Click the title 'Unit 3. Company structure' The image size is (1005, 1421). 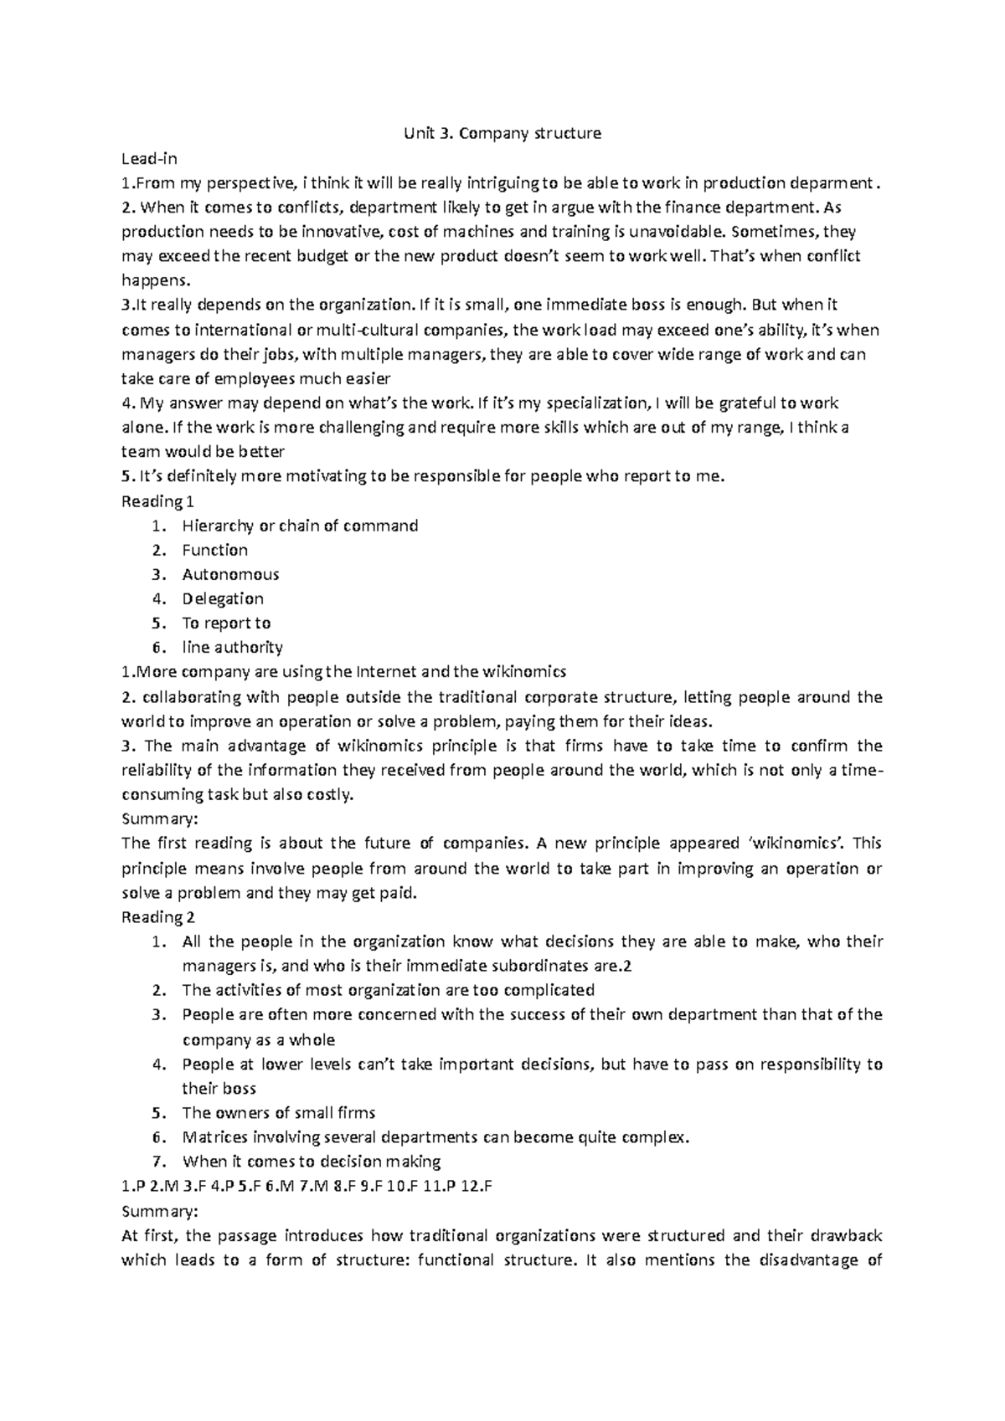[502, 133]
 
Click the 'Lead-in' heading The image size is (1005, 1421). [149, 158]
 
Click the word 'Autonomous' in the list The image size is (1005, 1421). [230, 574]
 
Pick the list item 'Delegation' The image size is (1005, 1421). [223, 598]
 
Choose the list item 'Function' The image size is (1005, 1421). [214, 550]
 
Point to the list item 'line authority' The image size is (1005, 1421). [232, 647]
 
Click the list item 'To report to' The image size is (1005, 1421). [226, 623]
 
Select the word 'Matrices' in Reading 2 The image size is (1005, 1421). [213, 1137]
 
